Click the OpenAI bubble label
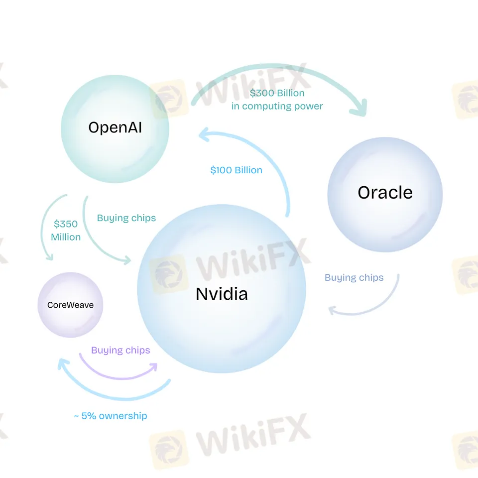pos(115,127)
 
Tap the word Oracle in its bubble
pos(385,192)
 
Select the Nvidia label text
pos(222,294)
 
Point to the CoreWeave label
pos(70,305)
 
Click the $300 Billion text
pos(277,93)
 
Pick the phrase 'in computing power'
pos(277,106)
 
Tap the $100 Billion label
pos(236,170)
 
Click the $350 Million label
pos(66,231)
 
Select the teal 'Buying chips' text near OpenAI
pos(126,218)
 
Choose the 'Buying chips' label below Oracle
pos(354,278)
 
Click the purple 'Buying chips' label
pos(120,351)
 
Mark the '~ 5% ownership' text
pos(111,416)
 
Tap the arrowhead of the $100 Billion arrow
pos(203,133)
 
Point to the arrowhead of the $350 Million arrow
pos(49,256)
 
